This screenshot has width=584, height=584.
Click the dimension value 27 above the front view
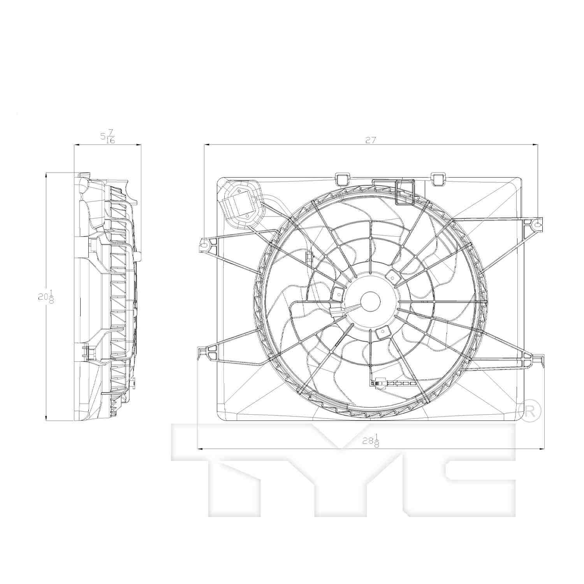tap(371, 140)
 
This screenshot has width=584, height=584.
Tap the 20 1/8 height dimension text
tap(46, 297)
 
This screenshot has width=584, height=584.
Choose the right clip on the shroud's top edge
tap(439, 178)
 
